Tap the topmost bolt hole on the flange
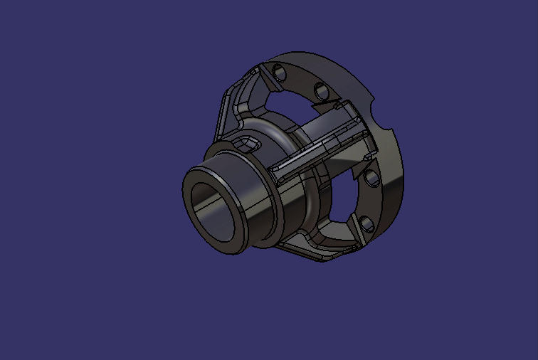[x=278, y=72]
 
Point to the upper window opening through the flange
[x=288, y=107]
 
